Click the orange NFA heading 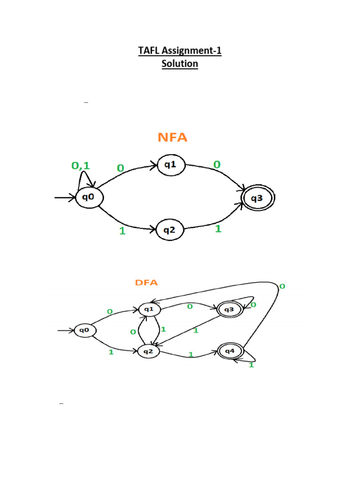click(172, 137)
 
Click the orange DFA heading click(147, 283)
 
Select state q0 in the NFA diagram click(88, 197)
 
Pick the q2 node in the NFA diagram click(169, 230)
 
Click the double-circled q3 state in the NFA click(257, 198)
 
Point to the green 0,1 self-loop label click(80, 165)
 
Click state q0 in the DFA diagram click(84, 330)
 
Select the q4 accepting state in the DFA click(230, 351)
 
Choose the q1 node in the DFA click(149, 309)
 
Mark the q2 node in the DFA click(148, 351)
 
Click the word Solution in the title click(180, 64)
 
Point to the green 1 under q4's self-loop click(251, 365)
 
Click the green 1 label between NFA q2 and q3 click(218, 229)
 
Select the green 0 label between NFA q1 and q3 click(217, 165)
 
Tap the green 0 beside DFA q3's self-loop click(254, 305)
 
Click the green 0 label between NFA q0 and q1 click(120, 167)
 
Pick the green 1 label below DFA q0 click(111, 352)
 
